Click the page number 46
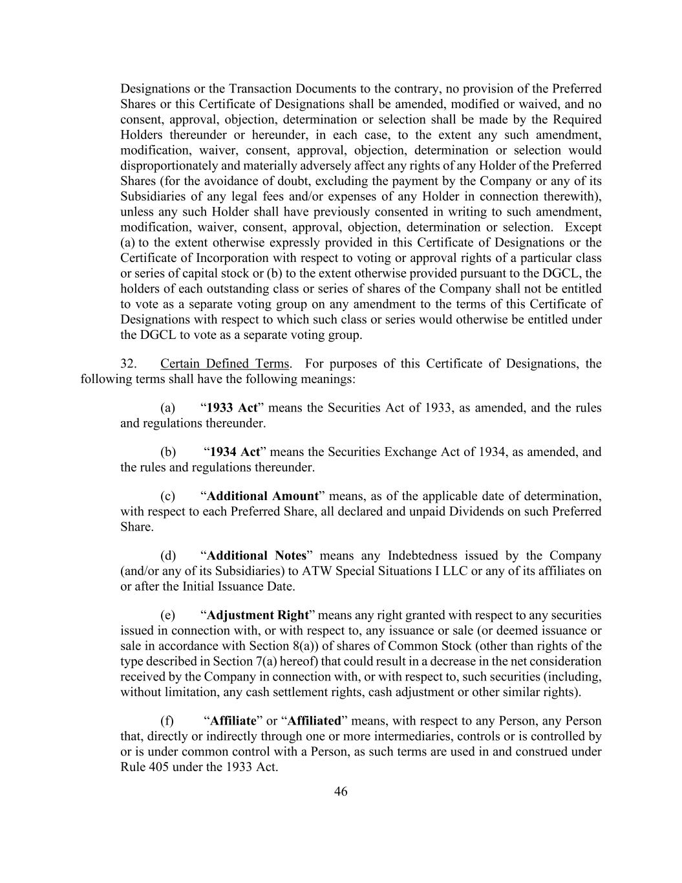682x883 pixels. [x=341, y=791]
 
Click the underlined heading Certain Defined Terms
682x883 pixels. [x=225, y=364]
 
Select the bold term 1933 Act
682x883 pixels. [x=232, y=408]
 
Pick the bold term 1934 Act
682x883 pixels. [x=235, y=452]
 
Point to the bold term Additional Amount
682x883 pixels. [x=262, y=496]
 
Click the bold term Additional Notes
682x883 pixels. [x=256, y=556]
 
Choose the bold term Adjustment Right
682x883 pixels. [x=257, y=615]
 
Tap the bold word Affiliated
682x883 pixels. [x=314, y=721]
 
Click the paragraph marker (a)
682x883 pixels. [x=167, y=408]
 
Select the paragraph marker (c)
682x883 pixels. [x=167, y=496]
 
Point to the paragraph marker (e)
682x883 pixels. [x=167, y=615]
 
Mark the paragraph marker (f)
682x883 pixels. [x=167, y=721]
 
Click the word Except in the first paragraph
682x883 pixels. [x=583, y=228]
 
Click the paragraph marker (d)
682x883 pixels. [x=167, y=556]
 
